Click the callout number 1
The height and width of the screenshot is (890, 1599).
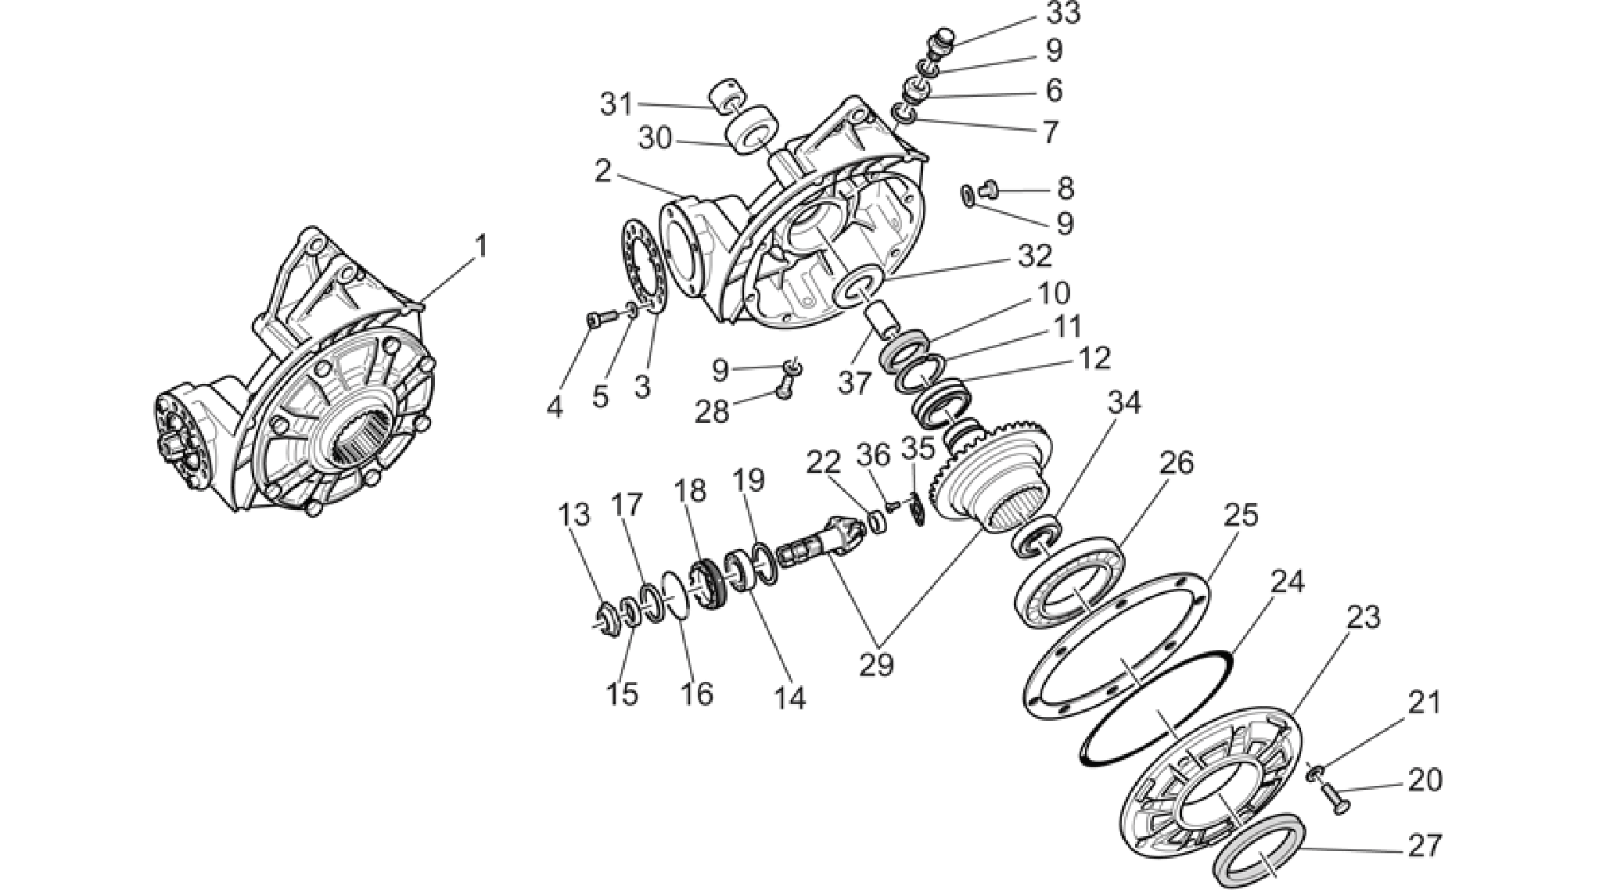[481, 247]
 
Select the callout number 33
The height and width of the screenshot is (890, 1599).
[1064, 13]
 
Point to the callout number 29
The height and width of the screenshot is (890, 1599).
[876, 664]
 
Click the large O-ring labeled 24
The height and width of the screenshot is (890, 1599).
[1155, 708]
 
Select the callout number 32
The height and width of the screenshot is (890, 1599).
[1035, 256]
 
